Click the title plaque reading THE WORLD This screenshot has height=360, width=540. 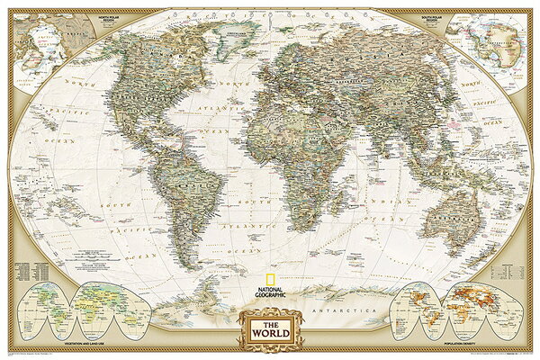tap(270, 326)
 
